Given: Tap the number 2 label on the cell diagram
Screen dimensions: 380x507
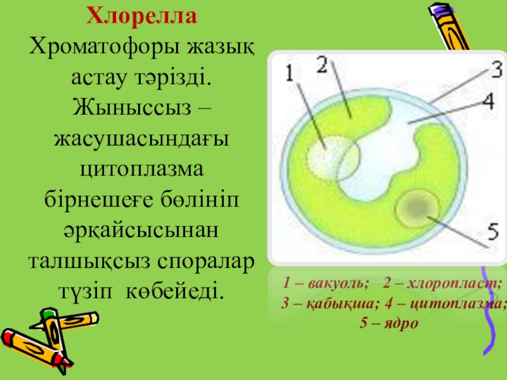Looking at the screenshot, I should click(x=322, y=65).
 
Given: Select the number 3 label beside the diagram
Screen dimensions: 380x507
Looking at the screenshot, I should click(x=496, y=70).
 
